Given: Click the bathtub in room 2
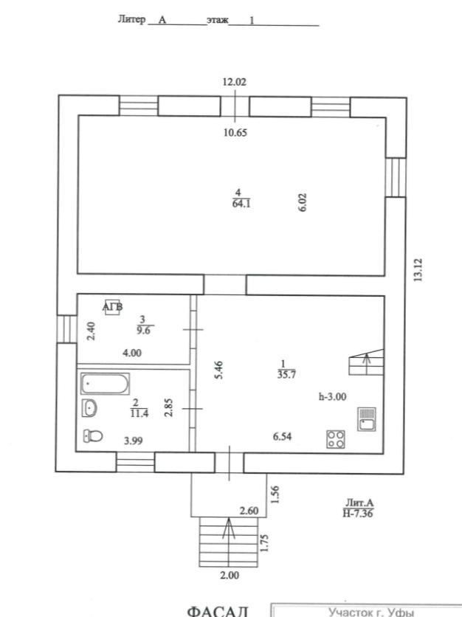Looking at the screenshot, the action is click(105, 384).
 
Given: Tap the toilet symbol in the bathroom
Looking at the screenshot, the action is click(93, 435).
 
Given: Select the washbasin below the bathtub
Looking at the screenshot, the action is click(89, 407).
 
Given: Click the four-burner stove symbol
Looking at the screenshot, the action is click(336, 439).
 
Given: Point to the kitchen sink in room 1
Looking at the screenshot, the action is click(366, 418).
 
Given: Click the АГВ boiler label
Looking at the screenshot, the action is click(113, 306).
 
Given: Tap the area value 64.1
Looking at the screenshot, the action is click(241, 204).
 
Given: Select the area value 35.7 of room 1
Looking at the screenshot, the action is click(286, 374).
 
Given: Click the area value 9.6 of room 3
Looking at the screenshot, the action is click(143, 331).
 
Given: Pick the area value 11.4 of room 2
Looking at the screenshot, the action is click(139, 413).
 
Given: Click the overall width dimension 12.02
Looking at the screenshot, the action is click(234, 82).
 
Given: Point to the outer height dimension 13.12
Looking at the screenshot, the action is click(418, 269).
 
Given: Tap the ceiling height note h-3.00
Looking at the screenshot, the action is click(333, 396).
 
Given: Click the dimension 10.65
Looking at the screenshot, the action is click(235, 133).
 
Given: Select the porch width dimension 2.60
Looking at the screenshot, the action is click(249, 511).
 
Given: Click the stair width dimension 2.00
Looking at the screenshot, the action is click(230, 575).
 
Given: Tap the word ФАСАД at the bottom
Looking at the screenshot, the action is click(218, 611).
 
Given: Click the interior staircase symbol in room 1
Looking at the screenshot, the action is click(366, 362).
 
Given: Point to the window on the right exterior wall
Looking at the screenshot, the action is click(396, 177).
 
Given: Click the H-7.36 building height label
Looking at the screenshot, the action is click(358, 513).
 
